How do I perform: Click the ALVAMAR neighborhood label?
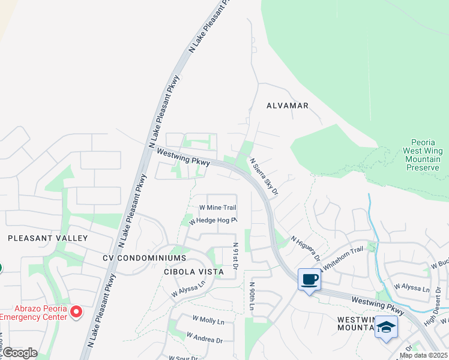pyautogui.click(x=288, y=106)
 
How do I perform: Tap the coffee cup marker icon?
pyautogui.click(x=309, y=280)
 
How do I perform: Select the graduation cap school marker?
pyautogui.click(x=386, y=328)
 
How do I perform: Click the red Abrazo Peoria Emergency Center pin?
pyautogui.click(x=76, y=311)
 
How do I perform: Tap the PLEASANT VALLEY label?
pyautogui.click(x=48, y=238)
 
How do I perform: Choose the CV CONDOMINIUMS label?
pyautogui.click(x=144, y=258)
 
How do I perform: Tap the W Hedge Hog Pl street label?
pyautogui.click(x=213, y=221)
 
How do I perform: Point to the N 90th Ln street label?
pyautogui.click(x=252, y=297)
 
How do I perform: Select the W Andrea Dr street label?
pyautogui.click(x=204, y=337)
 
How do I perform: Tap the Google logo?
pyautogui.click(x=20, y=353)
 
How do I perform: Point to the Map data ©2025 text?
pyautogui.click(x=423, y=355)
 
